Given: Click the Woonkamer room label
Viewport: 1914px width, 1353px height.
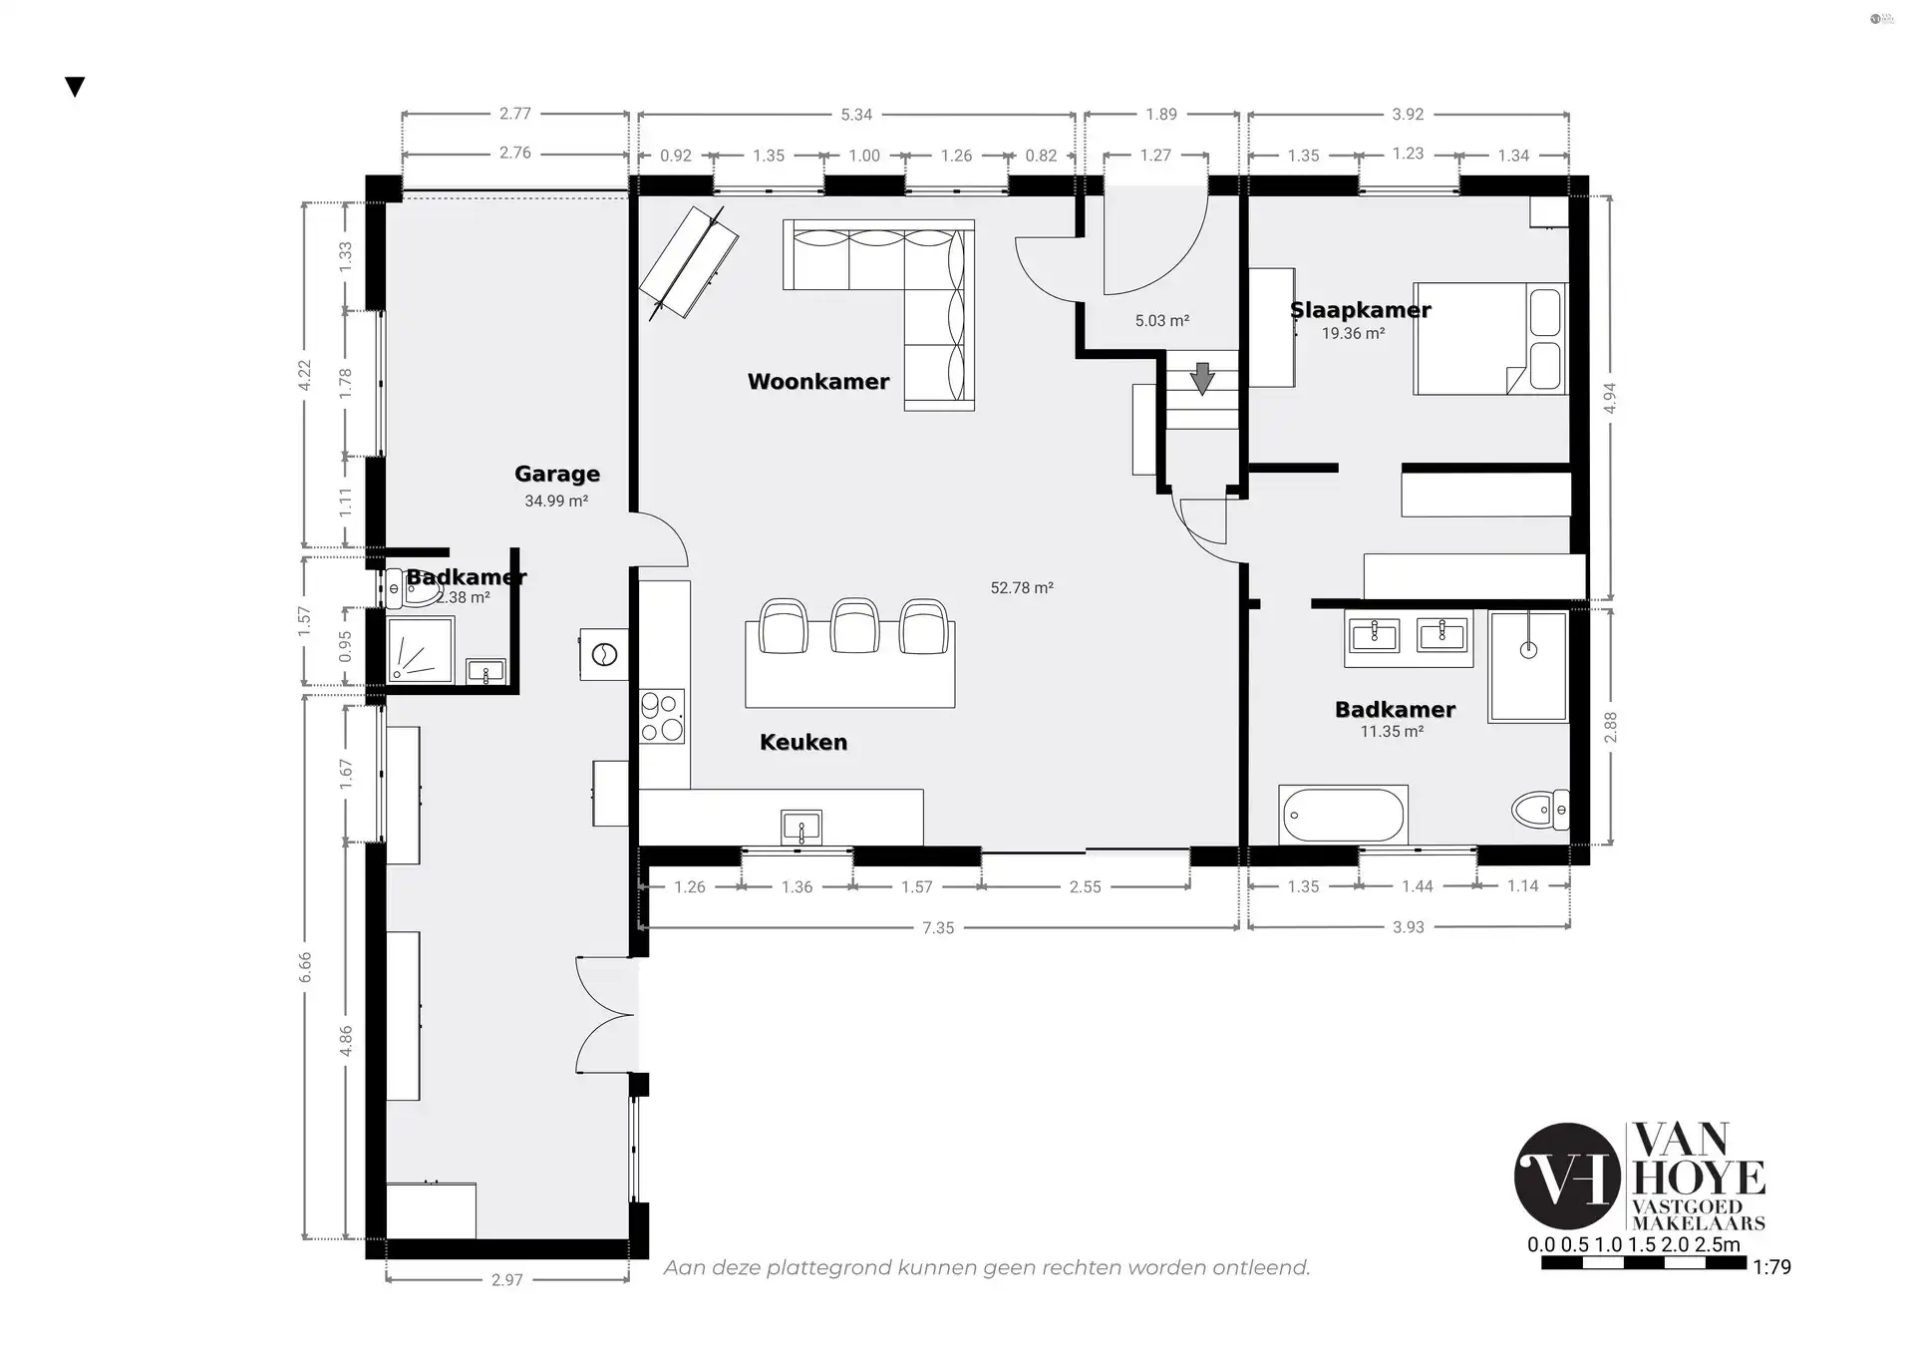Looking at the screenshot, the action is coord(818,382).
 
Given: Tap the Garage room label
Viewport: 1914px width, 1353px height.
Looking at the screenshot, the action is coord(557,475).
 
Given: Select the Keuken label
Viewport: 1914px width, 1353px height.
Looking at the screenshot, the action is coord(803,742).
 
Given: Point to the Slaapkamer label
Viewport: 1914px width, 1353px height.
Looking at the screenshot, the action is coord(1361,310).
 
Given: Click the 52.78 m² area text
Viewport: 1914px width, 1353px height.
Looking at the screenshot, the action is coord(1022,588).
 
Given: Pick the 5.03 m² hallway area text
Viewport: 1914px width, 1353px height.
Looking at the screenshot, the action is coord(1162,321).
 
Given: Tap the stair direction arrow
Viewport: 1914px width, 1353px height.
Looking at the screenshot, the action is coord(1202,379).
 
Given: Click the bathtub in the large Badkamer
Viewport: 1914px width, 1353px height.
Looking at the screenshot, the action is coord(1344,816).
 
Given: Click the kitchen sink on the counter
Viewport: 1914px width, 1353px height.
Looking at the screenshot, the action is coord(801,827).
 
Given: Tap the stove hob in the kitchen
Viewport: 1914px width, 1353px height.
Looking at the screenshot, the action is coord(662,716).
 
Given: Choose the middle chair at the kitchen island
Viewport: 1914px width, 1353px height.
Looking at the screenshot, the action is coord(853,626).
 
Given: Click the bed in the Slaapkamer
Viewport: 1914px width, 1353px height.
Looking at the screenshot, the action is coord(1490,339).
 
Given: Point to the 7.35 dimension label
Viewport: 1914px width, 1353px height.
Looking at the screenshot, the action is coord(938,928).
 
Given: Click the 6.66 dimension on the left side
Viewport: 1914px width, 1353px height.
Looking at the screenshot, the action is coord(305,967).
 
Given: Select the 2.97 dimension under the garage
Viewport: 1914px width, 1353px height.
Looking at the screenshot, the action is coord(506,1280).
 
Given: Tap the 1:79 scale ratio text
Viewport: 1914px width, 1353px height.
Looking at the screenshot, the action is coord(1772,1267).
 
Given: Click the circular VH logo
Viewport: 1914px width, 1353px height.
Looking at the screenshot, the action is coord(1567,1176).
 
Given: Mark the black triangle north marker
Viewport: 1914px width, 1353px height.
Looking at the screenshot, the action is coord(75,88).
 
